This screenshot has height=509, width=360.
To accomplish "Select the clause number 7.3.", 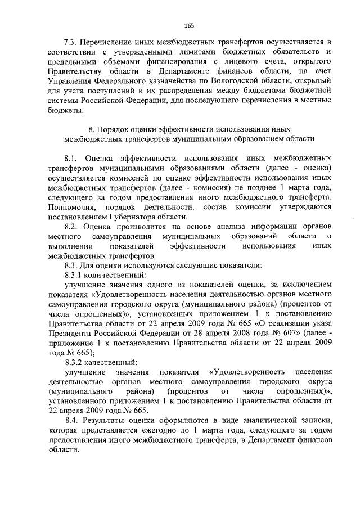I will pyautogui.click(x=70, y=42).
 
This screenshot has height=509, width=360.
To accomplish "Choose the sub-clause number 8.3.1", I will pyautogui.click(x=75, y=276).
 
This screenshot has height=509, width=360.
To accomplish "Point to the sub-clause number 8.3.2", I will pyautogui.click(x=75, y=363).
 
